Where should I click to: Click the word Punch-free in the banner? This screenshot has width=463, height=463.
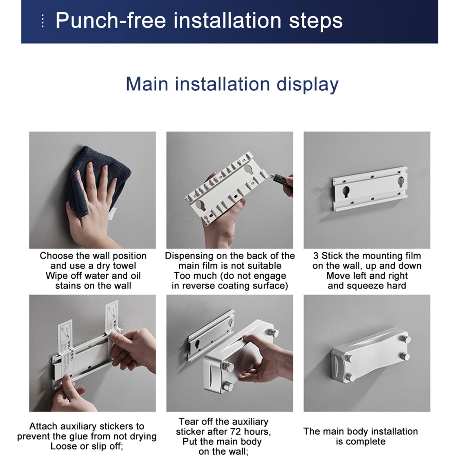(x=111, y=21)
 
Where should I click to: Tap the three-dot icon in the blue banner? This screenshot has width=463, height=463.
(x=43, y=21)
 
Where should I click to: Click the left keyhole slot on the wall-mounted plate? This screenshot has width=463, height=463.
(x=346, y=191)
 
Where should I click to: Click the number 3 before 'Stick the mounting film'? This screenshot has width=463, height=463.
(x=316, y=256)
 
